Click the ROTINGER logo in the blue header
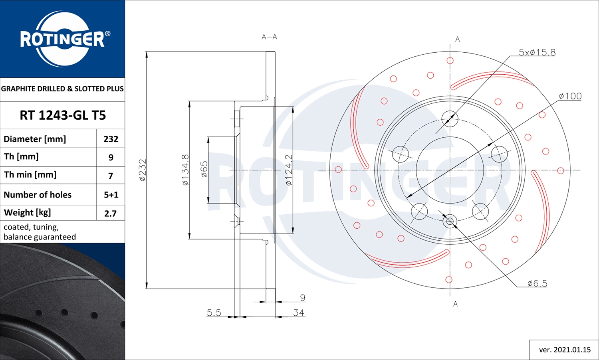(x=63, y=39)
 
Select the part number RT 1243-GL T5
(x=63, y=115)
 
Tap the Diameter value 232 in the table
(x=111, y=139)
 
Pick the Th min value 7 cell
(x=111, y=176)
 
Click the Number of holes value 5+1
(x=111, y=195)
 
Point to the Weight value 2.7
(x=110, y=213)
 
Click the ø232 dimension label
(x=143, y=170)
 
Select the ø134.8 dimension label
(x=185, y=170)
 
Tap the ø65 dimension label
(x=204, y=169)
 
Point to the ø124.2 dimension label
(x=289, y=170)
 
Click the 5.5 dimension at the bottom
(x=214, y=313)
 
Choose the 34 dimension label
(x=298, y=313)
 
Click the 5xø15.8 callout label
(x=537, y=52)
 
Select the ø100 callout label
(x=570, y=96)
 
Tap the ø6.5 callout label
(x=537, y=283)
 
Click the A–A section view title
(x=269, y=37)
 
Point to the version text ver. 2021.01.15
(x=564, y=350)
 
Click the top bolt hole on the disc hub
(x=450, y=119)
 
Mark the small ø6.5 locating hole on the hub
(x=450, y=221)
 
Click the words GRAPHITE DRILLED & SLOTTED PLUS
(x=62, y=89)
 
